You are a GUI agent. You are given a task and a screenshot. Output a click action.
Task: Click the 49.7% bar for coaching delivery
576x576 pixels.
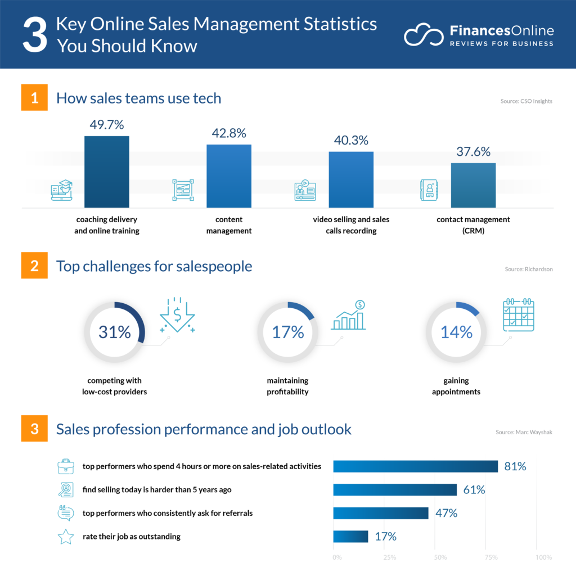[107, 172]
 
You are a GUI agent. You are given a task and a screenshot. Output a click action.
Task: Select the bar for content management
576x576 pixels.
[229, 176]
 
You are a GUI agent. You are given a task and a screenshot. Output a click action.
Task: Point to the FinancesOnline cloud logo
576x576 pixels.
[423, 35]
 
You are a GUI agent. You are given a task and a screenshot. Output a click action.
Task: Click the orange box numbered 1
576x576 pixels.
[35, 98]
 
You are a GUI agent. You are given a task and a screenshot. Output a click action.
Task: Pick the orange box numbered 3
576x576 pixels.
[35, 429]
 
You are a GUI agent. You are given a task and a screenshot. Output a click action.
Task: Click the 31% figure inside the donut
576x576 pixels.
[114, 332]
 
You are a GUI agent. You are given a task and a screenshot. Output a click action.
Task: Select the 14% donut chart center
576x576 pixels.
[456, 332]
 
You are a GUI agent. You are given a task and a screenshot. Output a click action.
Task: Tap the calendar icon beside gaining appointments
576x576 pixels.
[518, 314]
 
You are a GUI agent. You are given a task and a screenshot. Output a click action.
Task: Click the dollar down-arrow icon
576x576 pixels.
[177, 316]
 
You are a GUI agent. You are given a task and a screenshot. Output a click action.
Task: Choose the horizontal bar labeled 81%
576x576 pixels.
[416, 466]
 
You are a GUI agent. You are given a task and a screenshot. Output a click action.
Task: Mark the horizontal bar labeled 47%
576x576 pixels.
[381, 513]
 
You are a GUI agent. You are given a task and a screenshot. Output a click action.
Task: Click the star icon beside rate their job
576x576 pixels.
[66, 537]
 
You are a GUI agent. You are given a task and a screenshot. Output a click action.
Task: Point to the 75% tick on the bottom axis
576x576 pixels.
[490, 557]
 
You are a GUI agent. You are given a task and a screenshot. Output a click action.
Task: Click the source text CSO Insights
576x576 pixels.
[526, 101]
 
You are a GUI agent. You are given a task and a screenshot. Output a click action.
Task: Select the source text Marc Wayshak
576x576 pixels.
[524, 432]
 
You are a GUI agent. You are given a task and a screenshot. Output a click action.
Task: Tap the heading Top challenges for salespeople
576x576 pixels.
[154, 266]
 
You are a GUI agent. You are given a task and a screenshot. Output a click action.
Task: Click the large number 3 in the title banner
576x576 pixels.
[34, 35]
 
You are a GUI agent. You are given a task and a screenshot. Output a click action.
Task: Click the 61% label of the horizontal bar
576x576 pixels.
[474, 489]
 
